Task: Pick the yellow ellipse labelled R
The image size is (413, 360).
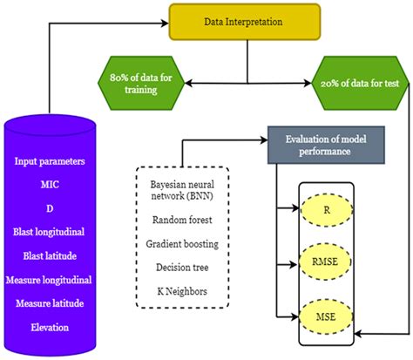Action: pyautogui.click(x=326, y=211)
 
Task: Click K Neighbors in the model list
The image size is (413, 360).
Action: pyautogui.click(x=179, y=291)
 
